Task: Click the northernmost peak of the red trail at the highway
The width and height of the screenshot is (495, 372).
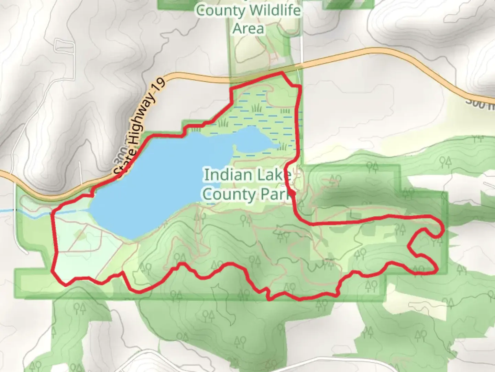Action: pos(282,73)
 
